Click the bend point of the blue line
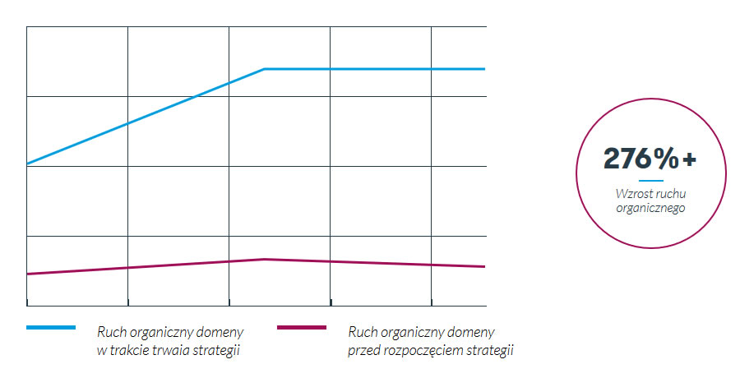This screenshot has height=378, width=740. tap(264, 69)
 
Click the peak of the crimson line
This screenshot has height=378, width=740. tap(264, 259)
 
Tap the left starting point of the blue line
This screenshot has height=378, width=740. tap(27, 164)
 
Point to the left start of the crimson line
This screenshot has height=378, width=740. tap(27, 274)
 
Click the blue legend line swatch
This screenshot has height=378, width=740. tap(51, 328)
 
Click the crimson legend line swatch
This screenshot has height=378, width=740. tap(302, 328)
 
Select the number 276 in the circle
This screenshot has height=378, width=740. tap(628, 159)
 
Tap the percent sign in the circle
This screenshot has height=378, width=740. tap(667, 159)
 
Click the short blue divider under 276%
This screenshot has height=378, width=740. tap(650, 180)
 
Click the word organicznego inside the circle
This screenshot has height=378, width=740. tap(650, 208)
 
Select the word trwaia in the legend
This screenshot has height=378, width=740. tap(173, 351)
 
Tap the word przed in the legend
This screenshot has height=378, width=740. tap(363, 351)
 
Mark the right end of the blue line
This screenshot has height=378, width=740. tap(484, 69)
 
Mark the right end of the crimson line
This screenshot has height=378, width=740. tap(484, 266)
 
